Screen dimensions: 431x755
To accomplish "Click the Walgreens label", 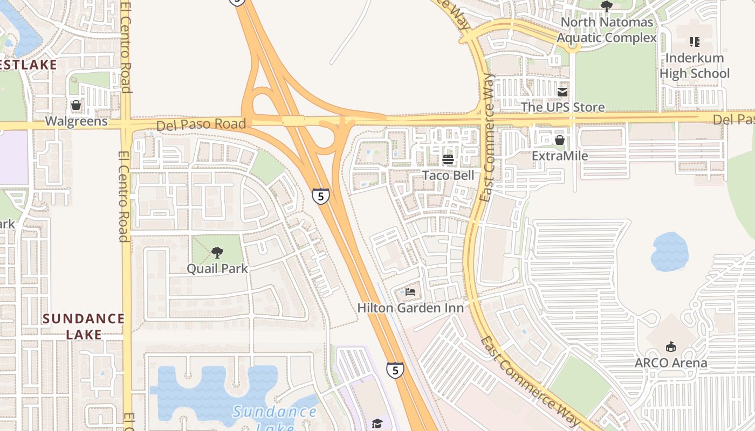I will coord(76,121).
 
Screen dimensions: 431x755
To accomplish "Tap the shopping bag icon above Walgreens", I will coord(76,105).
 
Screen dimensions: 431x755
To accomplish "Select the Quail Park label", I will coord(217,268).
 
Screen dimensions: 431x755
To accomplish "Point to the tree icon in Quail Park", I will coord(217,252).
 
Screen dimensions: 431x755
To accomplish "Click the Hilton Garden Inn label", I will coord(410,308).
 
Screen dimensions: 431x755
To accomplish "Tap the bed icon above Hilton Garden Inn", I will coord(410,293).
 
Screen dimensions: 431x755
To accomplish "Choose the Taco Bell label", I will coord(448,175).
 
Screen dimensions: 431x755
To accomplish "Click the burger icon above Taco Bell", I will coord(448,159).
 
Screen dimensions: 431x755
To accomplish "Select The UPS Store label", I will coord(562,107).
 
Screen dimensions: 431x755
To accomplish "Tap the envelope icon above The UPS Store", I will coord(562,92).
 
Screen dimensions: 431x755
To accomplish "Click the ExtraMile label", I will coord(560,156).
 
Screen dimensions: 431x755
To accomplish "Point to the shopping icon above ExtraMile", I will coord(560,141).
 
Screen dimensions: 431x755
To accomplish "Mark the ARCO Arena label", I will coord(671,363).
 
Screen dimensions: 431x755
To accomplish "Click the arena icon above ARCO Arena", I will coord(671,346).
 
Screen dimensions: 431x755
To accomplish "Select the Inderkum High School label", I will coord(695,66).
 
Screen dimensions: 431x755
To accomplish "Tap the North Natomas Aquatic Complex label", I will coord(607,30).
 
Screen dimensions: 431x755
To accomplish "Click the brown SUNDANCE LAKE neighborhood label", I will coord(84,326).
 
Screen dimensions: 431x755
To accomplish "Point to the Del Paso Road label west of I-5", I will coord(201,125).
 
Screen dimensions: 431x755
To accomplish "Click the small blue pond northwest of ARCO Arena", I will coord(669,251).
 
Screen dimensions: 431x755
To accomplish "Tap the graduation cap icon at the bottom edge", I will coord(377,424).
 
